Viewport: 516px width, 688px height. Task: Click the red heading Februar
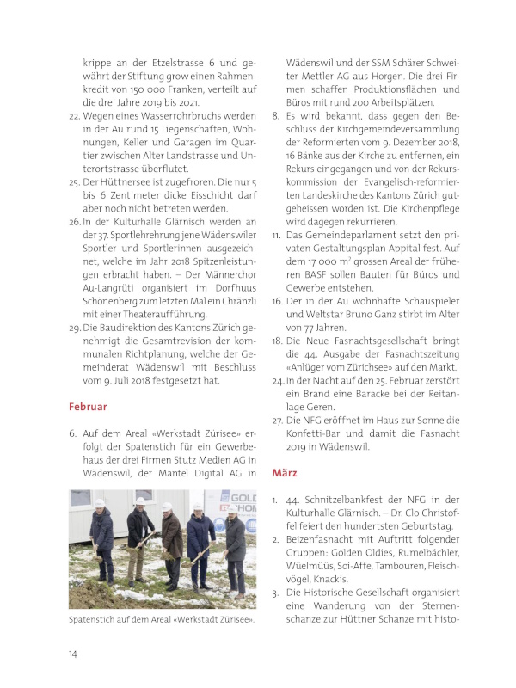[x=88, y=406]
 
